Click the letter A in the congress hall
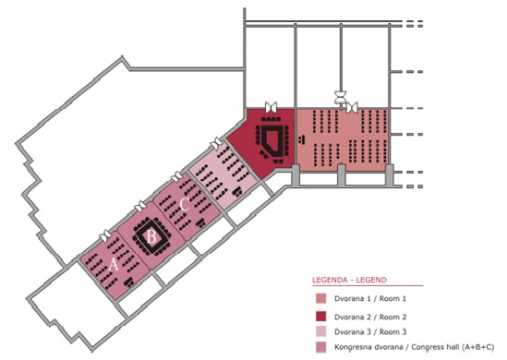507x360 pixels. [114, 265]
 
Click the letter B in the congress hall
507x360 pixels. [151, 237]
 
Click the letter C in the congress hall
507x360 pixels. [185, 205]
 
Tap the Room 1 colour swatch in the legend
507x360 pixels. [320, 298]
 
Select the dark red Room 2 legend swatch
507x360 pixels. [320, 317]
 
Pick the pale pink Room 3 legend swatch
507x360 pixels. [320, 331]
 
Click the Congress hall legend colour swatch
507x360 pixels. [320, 347]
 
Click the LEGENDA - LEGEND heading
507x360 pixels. [349, 280]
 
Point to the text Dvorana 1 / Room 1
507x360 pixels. [370, 298]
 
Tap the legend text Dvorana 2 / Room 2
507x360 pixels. [370, 317]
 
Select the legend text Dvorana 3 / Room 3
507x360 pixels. [370, 332]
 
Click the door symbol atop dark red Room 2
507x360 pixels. [271, 107]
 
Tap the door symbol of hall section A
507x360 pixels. [106, 235]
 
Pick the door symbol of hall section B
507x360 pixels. [140, 206]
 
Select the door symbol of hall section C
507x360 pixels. [176, 176]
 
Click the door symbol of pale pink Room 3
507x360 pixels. [216, 143]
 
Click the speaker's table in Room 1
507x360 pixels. [302, 139]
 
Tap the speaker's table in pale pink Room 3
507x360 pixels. [239, 191]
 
